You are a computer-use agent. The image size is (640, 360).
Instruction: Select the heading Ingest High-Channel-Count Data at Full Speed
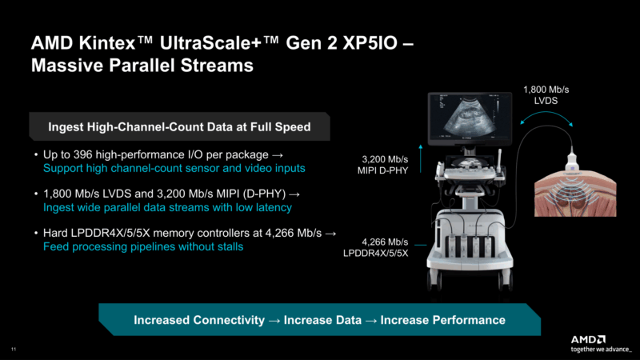coord(177,126)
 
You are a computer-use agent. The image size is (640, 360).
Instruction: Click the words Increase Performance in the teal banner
coord(442,320)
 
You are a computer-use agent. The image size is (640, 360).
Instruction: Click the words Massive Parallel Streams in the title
coord(142,66)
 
